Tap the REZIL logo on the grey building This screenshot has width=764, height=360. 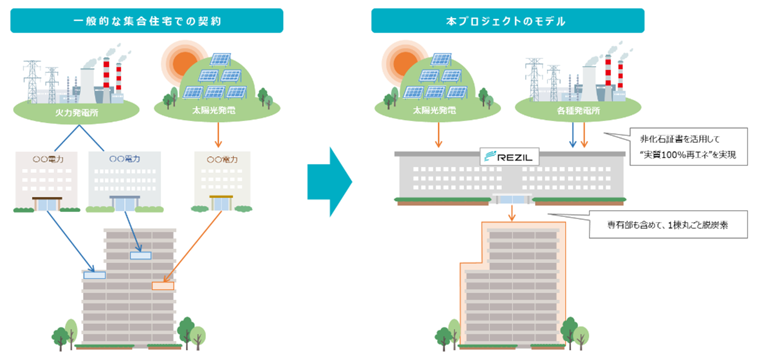[x=510, y=157]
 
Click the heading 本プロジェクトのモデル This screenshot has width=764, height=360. [x=507, y=21]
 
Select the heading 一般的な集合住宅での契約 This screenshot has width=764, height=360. [x=147, y=21]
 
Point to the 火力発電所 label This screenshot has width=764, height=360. [x=76, y=112]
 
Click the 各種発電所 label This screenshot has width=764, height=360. [x=578, y=110]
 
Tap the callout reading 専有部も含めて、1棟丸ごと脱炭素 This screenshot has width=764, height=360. [x=668, y=225]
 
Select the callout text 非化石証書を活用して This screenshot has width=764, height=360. [x=680, y=139]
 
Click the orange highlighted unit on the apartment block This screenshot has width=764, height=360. [x=163, y=286]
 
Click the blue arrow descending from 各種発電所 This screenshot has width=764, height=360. [x=572, y=135]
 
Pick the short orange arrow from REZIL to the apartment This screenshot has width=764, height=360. [x=512, y=213]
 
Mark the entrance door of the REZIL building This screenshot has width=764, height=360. [x=512, y=199]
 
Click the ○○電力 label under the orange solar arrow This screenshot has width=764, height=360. [x=222, y=160]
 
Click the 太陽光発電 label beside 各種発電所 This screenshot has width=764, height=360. [x=434, y=110]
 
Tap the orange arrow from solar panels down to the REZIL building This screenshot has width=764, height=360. [x=438, y=135]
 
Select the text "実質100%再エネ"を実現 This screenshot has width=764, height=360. [x=688, y=154]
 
